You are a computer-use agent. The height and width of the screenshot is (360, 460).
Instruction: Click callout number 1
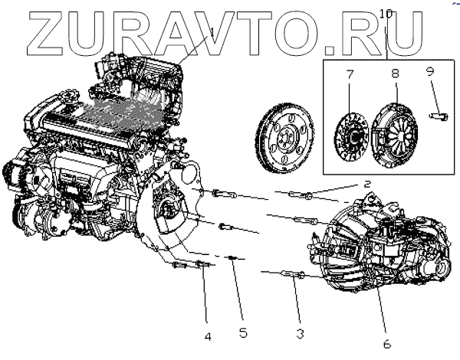pos(212,31)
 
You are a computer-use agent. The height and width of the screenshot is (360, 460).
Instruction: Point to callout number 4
pos(207,335)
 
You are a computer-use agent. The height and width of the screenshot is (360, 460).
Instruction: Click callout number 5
pos(243,332)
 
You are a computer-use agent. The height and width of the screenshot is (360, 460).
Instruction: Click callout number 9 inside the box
pos(430,71)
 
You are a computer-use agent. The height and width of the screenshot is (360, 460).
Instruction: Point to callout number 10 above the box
pos(386,13)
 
